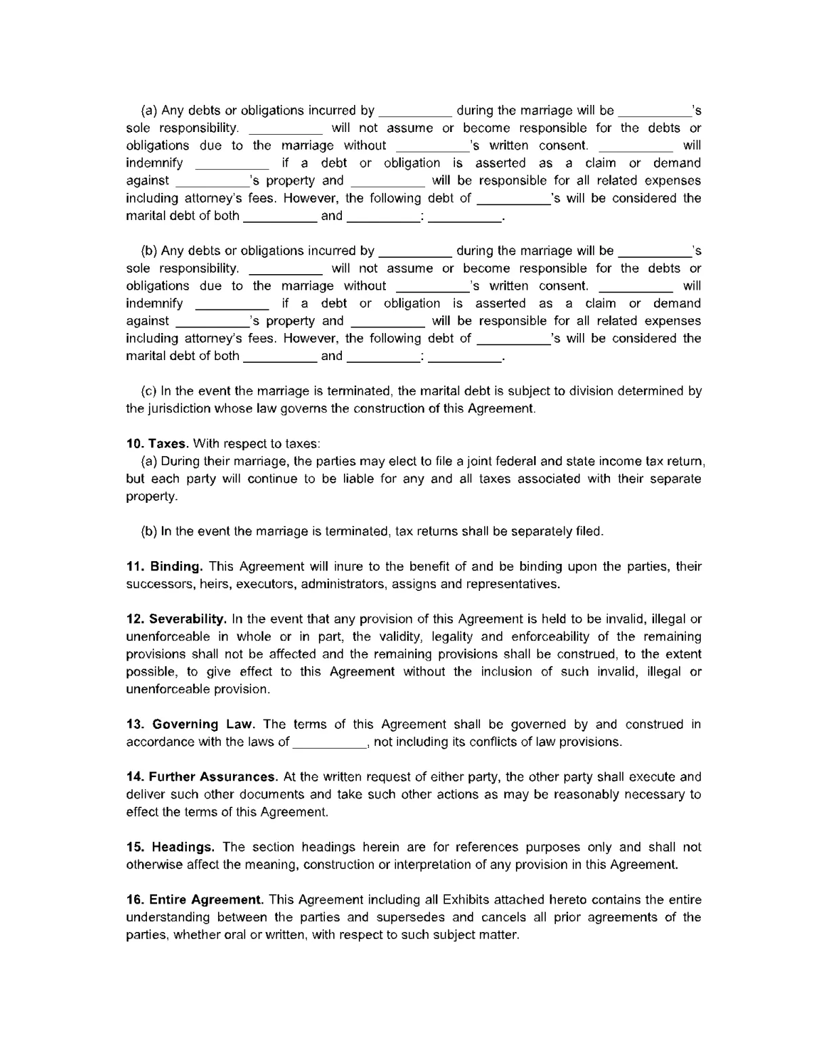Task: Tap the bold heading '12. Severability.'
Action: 176,619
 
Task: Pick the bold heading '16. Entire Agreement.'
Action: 194,900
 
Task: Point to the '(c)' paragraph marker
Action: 148,391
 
